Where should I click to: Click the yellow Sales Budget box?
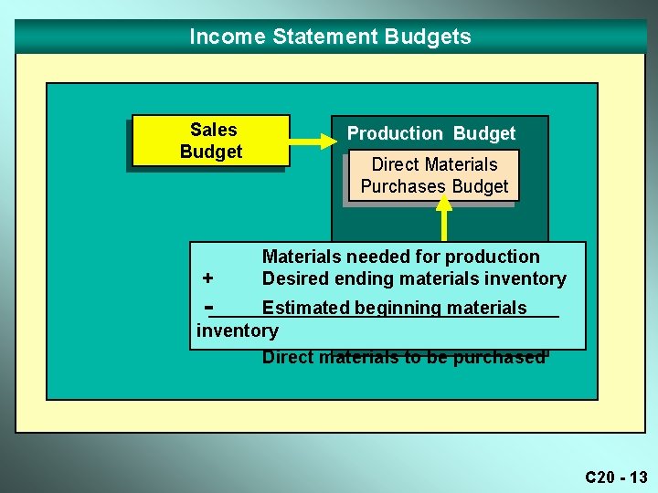pyautogui.click(x=211, y=141)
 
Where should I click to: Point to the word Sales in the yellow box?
pyautogui.click(x=213, y=130)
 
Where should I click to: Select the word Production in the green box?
pyautogui.click(x=395, y=133)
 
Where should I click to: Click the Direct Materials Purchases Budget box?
pyautogui.click(x=434, y=175)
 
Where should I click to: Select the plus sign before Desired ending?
pyautogui.click(x=208, y=278)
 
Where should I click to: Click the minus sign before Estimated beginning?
pyautogui.click(x=210, y=305)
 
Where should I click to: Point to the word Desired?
pyautogui.click(x=294, y=278)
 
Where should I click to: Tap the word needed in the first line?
pyautogui.click(x=373, y=257)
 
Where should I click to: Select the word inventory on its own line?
pyautogui.click(x=238, y=330)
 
